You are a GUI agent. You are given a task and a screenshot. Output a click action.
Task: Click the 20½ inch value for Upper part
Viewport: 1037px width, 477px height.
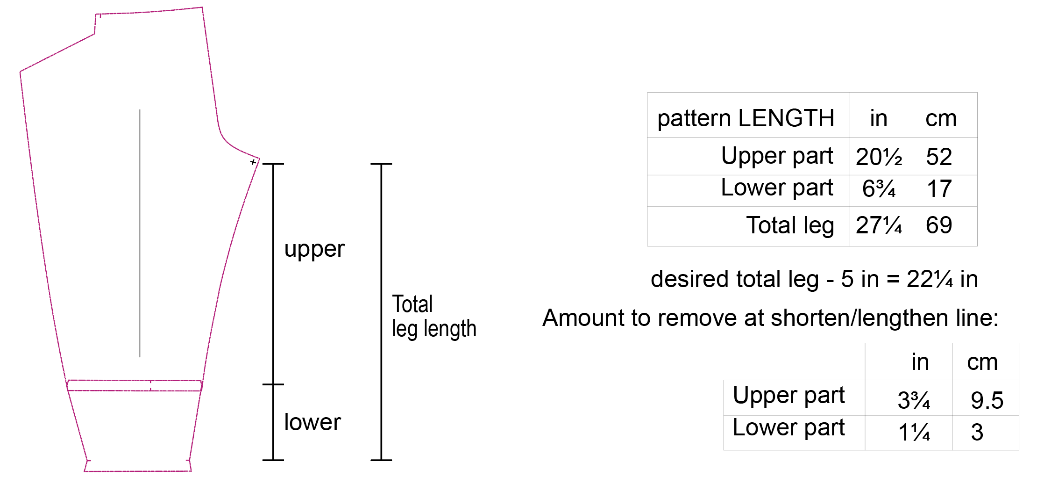[879, 157]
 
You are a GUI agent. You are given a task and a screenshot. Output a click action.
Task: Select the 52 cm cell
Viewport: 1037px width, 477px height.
[939, 157]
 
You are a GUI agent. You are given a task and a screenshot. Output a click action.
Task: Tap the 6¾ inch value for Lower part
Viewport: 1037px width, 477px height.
[879, 189]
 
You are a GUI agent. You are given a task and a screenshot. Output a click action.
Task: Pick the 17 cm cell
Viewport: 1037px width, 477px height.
[939, 189]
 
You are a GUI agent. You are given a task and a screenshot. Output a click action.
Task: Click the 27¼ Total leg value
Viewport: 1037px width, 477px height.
[879, 225]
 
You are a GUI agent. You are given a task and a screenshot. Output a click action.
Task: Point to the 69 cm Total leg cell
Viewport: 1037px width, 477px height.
[939, 225]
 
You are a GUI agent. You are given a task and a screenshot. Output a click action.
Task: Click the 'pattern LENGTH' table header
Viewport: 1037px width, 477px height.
[746, 118]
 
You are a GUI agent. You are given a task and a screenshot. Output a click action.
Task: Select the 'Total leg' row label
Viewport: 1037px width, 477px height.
[790, 225]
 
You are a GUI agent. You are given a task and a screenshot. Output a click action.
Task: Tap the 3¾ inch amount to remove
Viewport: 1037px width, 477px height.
[914, 400]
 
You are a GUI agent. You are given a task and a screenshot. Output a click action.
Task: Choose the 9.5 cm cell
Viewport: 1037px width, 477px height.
[987, 400]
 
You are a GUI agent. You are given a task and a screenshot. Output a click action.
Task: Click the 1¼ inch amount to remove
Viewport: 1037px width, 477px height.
[914, 433]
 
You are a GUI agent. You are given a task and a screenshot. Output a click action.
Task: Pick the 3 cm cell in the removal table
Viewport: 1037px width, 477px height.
[977, 433]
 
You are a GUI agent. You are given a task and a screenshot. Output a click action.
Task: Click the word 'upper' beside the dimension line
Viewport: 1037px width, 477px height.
[314, 249]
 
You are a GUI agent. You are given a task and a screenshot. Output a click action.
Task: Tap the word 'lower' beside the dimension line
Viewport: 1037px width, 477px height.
[313, 422]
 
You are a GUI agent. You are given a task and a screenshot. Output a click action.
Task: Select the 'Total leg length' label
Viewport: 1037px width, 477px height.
[433, 316]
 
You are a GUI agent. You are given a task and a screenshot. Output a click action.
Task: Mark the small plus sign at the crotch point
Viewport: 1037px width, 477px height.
[253, 162]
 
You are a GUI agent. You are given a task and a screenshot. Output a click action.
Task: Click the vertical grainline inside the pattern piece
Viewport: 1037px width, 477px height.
[140, 234]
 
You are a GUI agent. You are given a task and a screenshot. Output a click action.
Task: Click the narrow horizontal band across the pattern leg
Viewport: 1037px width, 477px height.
[135, 385]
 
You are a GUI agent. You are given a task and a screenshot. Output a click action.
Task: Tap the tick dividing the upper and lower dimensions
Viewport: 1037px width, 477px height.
[273, 384]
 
